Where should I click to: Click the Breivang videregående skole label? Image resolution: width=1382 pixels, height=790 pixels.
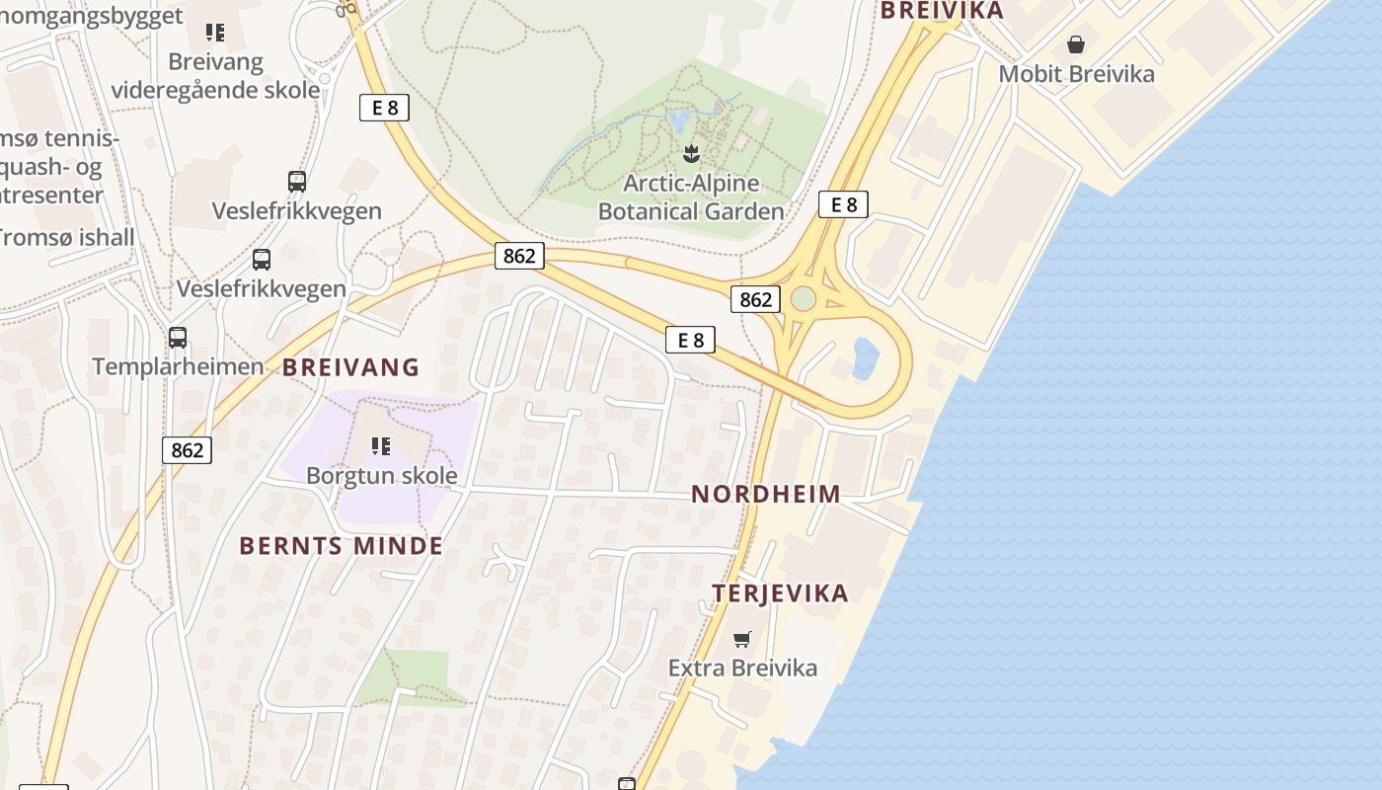(x=215, y=75)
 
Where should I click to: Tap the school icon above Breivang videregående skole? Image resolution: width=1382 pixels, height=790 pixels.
(x=215, y=33)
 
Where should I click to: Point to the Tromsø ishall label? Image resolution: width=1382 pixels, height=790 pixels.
(x=65, y=237)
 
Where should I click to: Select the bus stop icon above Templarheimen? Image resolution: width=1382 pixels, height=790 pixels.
(x=178, y=338)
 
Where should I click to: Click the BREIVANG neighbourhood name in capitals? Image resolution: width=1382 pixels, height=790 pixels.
(x=351, y=367)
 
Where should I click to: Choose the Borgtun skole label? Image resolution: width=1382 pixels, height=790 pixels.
(x=381, y=475)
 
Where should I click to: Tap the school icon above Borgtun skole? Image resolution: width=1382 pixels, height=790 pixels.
(x=381, y=446)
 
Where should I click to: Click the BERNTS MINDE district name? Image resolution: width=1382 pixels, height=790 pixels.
(x=342, y=546)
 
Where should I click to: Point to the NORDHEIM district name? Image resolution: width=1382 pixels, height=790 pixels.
(x=766, y=494)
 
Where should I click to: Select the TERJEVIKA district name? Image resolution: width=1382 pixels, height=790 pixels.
(x=781, y=593)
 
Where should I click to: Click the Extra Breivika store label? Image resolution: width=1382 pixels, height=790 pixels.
(x=742, y=668)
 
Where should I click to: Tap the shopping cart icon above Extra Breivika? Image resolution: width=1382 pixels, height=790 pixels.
(x=742, y=639)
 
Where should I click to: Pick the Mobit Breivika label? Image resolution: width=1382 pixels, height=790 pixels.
(x=1076, y=73)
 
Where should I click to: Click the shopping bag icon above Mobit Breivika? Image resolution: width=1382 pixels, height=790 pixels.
(x=1076, y=44)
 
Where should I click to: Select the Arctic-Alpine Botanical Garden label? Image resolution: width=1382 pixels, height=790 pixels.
(x=691, y=197)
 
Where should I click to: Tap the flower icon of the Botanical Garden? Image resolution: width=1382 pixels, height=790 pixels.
(x=691, y=153)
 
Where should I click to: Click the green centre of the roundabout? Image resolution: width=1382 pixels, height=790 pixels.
(x=804, y=298)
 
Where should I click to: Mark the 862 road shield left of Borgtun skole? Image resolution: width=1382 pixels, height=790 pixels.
(x=187, y=450)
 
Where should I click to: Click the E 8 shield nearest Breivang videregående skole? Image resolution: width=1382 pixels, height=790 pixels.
(x=384, y=108)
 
